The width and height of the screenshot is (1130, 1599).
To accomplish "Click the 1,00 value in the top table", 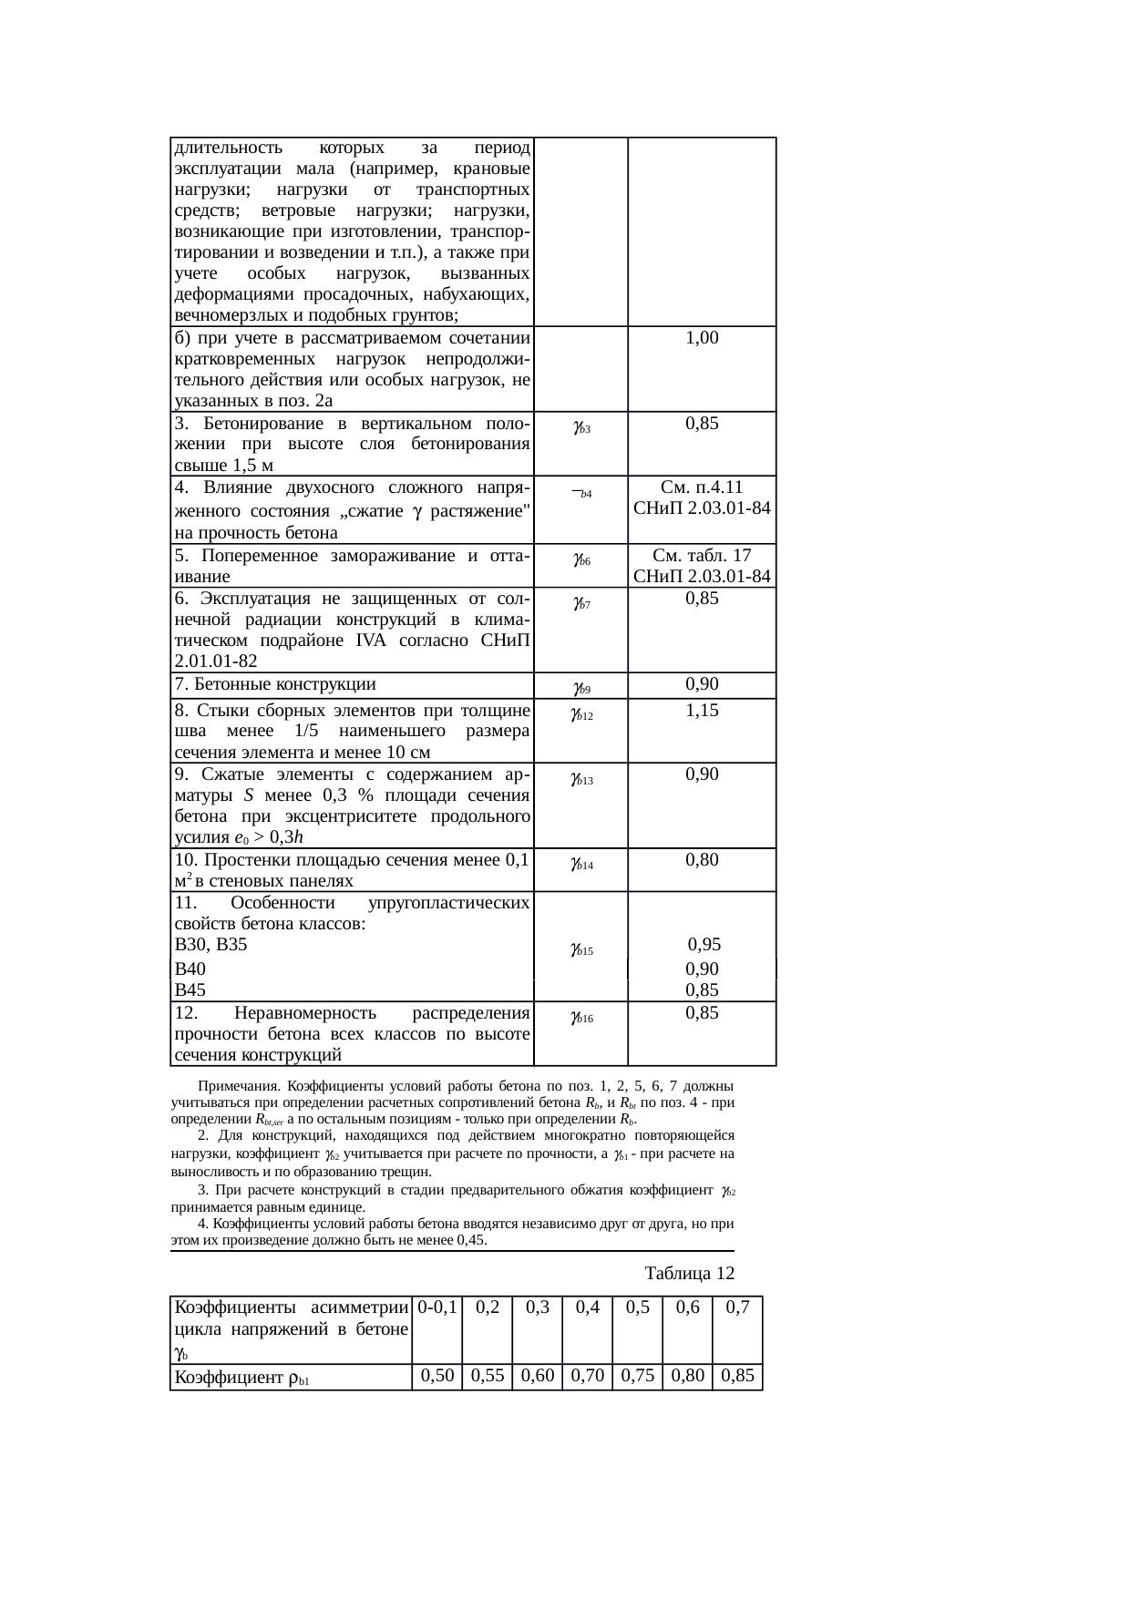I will point(702,338).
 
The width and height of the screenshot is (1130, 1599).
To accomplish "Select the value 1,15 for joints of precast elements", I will point(702,712).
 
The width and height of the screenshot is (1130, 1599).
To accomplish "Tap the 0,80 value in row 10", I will point(702,860).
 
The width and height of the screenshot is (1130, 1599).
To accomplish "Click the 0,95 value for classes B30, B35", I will point(704,945).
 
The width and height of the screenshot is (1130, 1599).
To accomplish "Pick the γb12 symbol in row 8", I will point(581,715).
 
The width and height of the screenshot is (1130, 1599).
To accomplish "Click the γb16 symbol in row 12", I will point(581,1017).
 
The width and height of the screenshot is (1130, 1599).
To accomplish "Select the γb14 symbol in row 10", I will point(581,864).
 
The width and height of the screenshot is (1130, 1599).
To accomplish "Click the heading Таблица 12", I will point(689,1272).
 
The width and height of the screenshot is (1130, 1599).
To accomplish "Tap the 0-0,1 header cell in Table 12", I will point(437,1307).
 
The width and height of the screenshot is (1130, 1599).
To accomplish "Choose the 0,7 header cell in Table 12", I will point(737,1307).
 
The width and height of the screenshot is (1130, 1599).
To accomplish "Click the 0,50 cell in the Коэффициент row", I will point(437,1376).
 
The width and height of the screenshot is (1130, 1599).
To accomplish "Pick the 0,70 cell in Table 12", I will point(587,1376).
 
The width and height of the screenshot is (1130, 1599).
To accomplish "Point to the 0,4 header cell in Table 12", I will point(587,1307).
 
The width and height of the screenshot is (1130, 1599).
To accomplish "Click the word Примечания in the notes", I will point(238,1087).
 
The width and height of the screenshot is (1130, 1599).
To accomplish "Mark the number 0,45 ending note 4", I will point(468,1241).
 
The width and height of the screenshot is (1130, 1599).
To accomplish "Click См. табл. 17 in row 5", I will point(702,555).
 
